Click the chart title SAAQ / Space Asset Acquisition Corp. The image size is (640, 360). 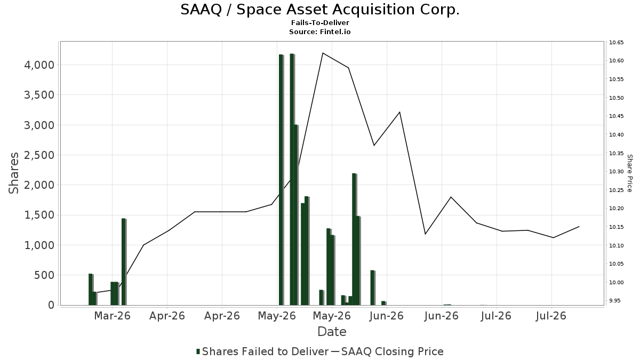click(320, 10)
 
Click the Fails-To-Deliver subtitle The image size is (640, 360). click(320, 23)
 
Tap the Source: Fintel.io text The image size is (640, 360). click(319, 31)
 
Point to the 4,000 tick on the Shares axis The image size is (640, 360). click(39, 65)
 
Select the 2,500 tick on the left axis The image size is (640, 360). click(39, 155)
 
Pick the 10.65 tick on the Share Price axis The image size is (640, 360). click(617, 43)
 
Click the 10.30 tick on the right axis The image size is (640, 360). click(617, 171)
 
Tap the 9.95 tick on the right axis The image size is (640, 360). click(614, 301)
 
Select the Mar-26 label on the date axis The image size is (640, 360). click(112, 316)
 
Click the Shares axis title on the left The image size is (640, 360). click(13, 173)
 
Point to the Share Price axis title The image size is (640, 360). click(629, 173)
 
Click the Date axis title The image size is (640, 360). click(332, 332)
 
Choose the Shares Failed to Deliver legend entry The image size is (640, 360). click(262, 351)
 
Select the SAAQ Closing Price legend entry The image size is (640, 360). click(387, 351)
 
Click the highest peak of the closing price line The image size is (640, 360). click(323, 53)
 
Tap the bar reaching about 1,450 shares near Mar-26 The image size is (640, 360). click(124, 262)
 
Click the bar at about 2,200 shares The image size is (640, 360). click(354, 239)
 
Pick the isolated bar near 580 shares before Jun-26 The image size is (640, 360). click(373, 287)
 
